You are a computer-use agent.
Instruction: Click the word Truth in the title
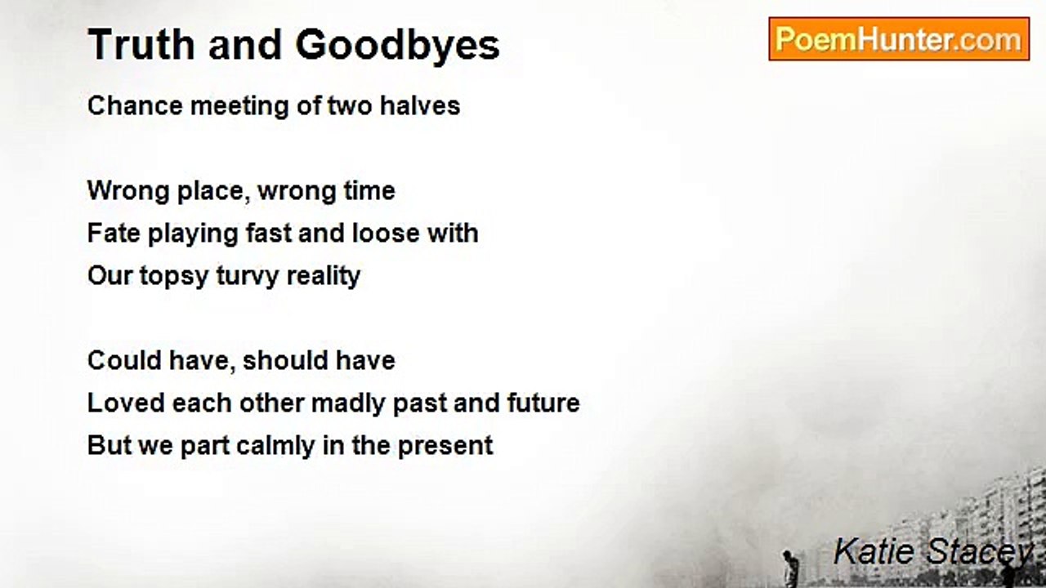coord(141,44)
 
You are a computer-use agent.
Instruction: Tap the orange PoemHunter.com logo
coord(899,39)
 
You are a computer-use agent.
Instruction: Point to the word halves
coord(420,105)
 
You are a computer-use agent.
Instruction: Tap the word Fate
coord(114,233)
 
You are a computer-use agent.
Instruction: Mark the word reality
coord(323,276)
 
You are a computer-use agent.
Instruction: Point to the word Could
coord(124,360)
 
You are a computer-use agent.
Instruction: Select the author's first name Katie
coord(874,551)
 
